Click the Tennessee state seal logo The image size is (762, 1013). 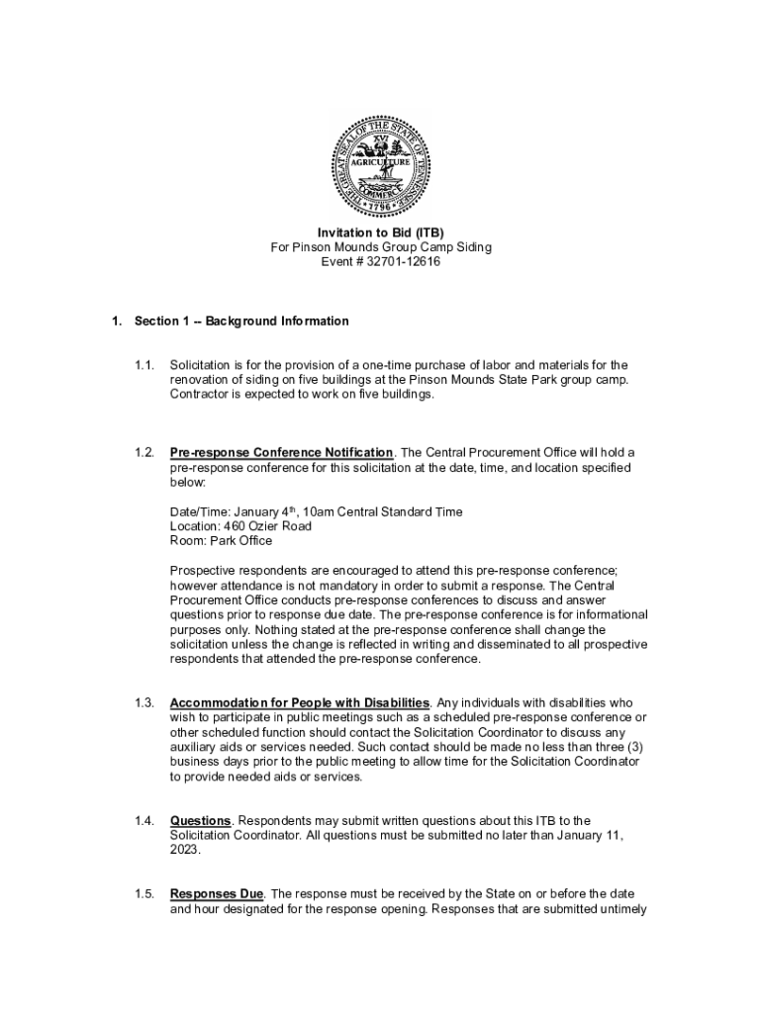point(380,165)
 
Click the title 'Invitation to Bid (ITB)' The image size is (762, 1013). point(380,232)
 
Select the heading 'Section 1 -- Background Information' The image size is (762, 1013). point(241,322)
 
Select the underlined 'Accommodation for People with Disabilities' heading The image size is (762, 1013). point(300,702)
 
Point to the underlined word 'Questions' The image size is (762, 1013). point(201,820)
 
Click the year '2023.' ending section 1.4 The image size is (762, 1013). point(185,850)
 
